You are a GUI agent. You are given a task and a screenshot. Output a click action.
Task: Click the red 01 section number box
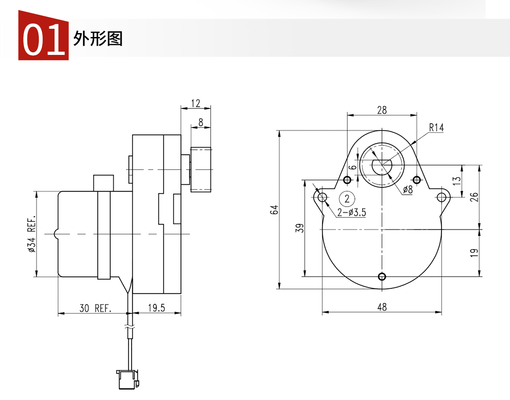click(x=43, y=35)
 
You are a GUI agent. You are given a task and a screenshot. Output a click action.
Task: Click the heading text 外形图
click(x=98, y=39)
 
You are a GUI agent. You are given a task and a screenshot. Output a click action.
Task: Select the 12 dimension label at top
click(x=195, y=103)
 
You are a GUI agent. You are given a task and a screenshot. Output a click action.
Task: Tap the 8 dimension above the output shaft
click(x=201, y=122)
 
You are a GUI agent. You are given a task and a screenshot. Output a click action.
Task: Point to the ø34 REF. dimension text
click(x=31, y=234)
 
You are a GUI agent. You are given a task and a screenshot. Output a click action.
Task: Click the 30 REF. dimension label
click(x=95, y=308)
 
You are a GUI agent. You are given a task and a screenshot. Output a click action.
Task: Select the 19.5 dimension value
click(x=156, y=308)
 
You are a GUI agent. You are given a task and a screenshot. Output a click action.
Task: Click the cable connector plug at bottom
click(x=128, y=379)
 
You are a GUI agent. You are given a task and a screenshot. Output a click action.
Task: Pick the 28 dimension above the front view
click(x=382, y=110)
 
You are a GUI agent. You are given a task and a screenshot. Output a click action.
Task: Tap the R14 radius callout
click(x=436, y=128)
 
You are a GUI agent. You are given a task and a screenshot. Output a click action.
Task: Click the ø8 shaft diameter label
click(x=408, y=189)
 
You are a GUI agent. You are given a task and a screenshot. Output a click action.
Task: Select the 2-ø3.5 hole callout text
click(x=352, y=212)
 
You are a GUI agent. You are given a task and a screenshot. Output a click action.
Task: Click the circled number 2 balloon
click(x=347, y=198)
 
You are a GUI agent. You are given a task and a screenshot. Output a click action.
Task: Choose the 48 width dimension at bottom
click(x=382, y=307)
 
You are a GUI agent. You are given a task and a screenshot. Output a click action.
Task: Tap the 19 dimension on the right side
click(x=474, y=253)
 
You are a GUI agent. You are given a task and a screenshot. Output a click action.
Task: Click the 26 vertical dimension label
click(x=474, y=197)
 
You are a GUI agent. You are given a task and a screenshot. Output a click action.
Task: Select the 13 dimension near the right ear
click(x=457, y=181)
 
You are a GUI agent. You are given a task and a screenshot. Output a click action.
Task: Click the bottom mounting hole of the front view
click(x=382, y=277)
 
